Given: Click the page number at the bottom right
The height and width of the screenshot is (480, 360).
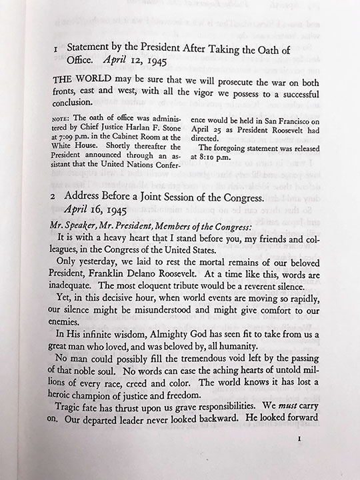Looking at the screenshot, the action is [301, 459].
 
